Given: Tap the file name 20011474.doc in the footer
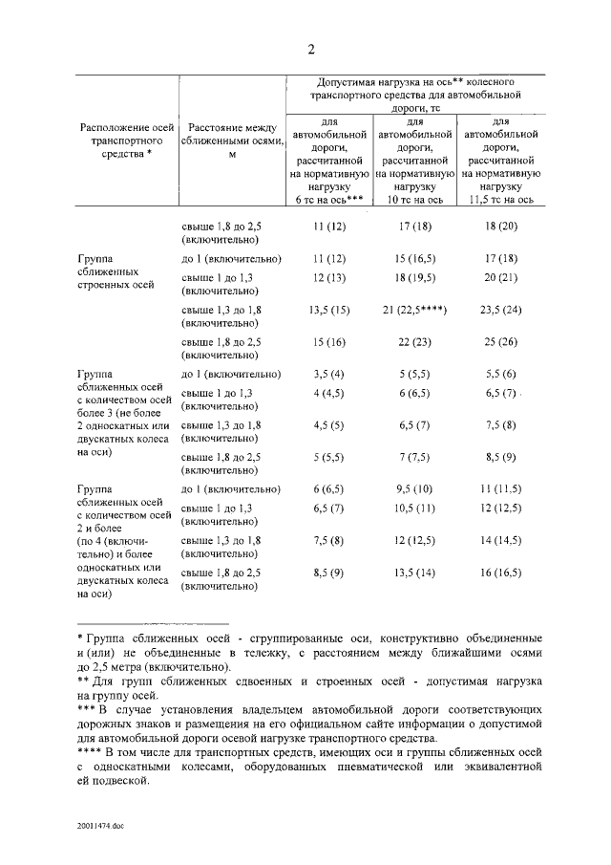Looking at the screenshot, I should click(103, 829).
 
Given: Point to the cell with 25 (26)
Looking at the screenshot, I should click(501, 342).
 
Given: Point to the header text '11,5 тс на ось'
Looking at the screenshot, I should click(501, 198).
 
